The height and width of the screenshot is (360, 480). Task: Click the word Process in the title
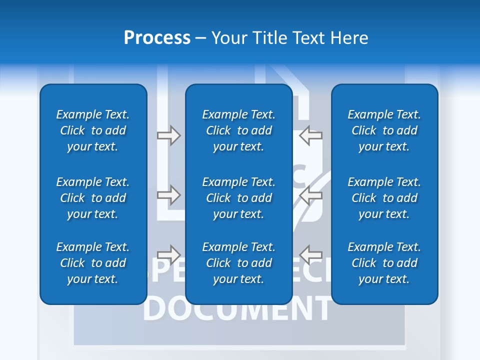click(x=157, y=38)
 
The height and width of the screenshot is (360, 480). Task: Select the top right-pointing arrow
click(x=168, y=135)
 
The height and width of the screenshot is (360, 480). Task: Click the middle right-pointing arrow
click(x=168, y=195)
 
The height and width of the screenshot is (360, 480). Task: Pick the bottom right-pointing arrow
click(x=168, y=254)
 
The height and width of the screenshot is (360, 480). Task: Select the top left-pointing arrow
click(x=311, y=135)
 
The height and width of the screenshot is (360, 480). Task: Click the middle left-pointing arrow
click(x=311, y=195)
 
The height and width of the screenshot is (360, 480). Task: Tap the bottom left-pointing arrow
click(x=311, y=254)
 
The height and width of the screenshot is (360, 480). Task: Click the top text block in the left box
click(x=93, y=130)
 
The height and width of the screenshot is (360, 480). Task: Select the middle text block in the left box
click(x=93, y=198)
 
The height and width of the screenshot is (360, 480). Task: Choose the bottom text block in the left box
click(x=93, y=263)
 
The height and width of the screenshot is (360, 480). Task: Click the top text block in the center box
click(x=239, y=130)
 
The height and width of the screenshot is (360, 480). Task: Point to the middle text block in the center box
click(x=239, y=198)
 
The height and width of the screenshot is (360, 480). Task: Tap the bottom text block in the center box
click(x=239, y=263)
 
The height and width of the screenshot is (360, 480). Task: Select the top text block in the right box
click(x=384, y=130)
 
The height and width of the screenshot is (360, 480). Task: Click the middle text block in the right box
click(x=384, y=198)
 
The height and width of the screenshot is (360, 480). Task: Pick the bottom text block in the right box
click(x=384, y=263)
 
